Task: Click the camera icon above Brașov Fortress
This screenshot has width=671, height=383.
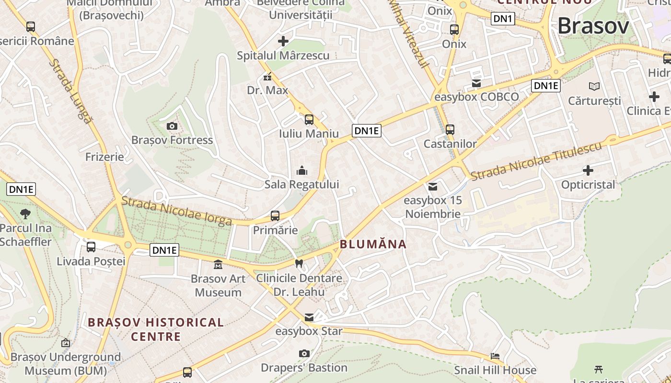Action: pos(172,126)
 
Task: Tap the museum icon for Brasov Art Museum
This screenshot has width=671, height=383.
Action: pos(218,264)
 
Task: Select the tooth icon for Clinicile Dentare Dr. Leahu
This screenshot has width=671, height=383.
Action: pos(299,263)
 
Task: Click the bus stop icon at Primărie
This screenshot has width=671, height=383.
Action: pos(275,216)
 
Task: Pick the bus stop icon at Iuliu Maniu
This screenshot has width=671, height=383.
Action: pos(309,120)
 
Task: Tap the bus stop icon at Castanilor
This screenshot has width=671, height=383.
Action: pos(450,130)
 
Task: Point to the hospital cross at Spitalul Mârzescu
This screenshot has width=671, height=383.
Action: pos(283,41)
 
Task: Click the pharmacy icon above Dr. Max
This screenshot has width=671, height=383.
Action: pos(267,77)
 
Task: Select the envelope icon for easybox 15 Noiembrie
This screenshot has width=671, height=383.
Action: pos(433,186)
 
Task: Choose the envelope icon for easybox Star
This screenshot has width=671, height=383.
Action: pos(309,317)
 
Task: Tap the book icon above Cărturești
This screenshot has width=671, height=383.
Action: pos(594,86)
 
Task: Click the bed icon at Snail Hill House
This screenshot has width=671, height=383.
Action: pos(495,356)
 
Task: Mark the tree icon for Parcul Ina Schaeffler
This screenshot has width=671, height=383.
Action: pos(25,214)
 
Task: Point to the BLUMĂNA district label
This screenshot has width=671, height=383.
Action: pos(373,244)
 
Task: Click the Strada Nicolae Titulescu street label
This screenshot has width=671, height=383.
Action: pos(536,161)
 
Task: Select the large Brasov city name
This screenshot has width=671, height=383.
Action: pos(593,26)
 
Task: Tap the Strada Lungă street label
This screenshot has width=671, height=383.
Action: pos(70,91)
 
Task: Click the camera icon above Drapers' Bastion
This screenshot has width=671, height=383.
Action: pos(304,353)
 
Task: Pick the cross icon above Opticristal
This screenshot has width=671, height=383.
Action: pos(588,170)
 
